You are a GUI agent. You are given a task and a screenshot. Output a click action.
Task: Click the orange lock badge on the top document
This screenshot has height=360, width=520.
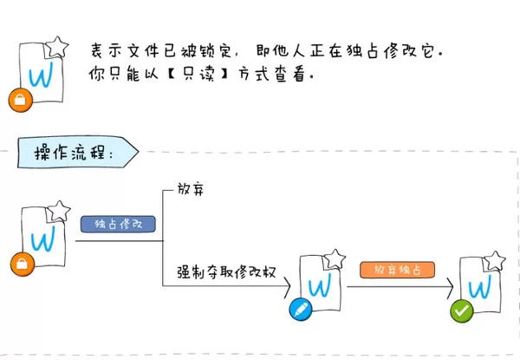pyautogui.click(x=20, y=100)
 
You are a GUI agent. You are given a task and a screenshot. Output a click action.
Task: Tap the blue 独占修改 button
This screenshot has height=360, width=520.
pyautogui.click(x=118, y=224)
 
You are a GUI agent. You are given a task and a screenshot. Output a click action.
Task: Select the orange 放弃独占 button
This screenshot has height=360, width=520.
pyautogui.click(x=397, y=270)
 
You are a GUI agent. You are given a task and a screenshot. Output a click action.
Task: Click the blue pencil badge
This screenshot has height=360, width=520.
pyautogui.click(x=301, y=309)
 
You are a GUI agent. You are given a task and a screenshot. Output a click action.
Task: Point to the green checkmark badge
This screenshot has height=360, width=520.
pyautogui.click(x=462, y=311)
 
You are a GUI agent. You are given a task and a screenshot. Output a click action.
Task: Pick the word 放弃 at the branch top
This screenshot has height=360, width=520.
pyautogui.click(x=191, y=189)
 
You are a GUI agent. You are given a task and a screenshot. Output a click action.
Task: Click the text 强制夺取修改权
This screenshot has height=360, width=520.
pyautogui.click(x=226, y=272)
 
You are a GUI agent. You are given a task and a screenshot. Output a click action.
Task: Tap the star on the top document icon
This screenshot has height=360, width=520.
pyautogui.click(x=56, y=47)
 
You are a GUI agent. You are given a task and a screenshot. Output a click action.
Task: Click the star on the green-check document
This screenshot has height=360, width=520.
pyautogui.click(x=494, y=261)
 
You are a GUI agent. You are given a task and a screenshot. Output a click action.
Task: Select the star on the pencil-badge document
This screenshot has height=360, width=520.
pyautogui.click(x=335, y=259)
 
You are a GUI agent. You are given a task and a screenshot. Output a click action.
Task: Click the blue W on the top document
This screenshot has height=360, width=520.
pyautogui.click(x=41, y=75)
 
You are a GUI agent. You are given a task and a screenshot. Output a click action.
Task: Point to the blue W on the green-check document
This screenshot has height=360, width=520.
pyautogui.click(x=479, y=286)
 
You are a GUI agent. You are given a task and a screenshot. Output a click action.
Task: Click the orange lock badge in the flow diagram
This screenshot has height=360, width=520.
pyautogui.click(x=23, y=264)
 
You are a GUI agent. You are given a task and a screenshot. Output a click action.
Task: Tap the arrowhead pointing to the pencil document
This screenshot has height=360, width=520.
pyautogui.click(x=287, y=286)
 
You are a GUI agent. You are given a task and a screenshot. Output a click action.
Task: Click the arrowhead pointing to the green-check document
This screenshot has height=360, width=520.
pyautogui.click(x=450, y=288)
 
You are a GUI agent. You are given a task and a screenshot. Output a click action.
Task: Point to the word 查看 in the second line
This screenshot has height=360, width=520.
pyautogui.click(x=289, y=74)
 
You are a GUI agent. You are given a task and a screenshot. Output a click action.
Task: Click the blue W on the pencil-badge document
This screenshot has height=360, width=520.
pyautogui.click(x=320, y=285)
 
